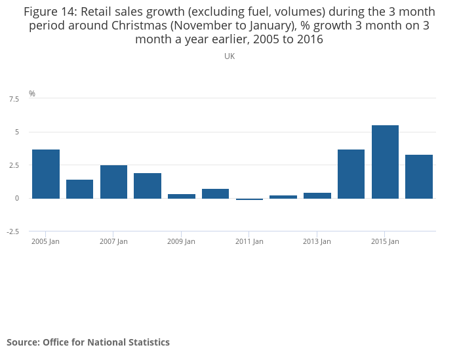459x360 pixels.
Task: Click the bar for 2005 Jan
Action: tap(46, 174)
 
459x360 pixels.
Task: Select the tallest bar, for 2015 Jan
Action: tap(385, 161)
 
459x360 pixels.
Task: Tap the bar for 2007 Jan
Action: tap(113, 182)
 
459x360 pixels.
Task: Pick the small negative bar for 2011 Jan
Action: tap(249, 199)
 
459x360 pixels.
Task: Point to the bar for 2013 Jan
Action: tap(317, 195)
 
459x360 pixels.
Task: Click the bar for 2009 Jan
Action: tap(182, 196)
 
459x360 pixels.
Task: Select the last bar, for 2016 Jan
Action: tap(419, 176)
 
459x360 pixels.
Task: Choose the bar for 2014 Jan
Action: tap(351, 174)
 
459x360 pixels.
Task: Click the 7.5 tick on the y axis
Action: tap(14, 99)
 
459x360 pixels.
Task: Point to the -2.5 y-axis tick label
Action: tap(12, 231)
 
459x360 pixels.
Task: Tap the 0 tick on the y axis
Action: tap(17, 198)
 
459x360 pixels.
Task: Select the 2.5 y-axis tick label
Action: tap(14, 165)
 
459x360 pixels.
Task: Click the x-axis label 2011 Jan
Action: tap(249, 241)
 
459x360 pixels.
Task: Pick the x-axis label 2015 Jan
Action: tap(385, 241)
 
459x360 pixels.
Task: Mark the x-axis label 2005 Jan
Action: tap(46, 241)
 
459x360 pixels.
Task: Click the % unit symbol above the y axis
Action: tap(32, 94)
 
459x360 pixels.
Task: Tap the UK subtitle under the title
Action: tap(229, 56)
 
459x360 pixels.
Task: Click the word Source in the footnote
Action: tap(22, 342)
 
